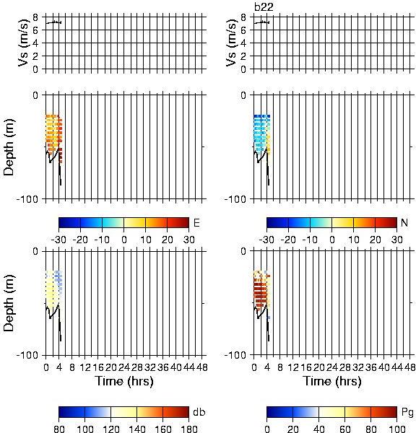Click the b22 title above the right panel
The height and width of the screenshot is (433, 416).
[x=264, y=7]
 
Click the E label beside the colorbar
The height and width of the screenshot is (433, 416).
[x=196, y=222]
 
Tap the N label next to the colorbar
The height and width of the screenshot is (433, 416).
[x=404, y=222]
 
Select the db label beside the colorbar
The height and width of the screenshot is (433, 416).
[x=199, y=412]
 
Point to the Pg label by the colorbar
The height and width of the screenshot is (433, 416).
[x=407, y=412]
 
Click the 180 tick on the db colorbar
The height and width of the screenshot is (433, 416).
[x=188, y=429]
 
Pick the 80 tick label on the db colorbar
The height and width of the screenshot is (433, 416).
[x=59, y=429]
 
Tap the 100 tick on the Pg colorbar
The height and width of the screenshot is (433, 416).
[x=396, y=429]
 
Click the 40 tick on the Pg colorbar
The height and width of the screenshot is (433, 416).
[x=318, y=429]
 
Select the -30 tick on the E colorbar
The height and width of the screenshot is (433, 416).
[x=58, y=240]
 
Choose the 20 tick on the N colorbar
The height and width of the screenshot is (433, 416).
[x=375, y=240]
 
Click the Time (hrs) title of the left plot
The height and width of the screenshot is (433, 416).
[x=124, y=381]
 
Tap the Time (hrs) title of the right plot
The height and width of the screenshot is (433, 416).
[x=332, y=381]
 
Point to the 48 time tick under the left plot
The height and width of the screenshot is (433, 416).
[x=202, y=367]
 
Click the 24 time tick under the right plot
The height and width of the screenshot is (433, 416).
[x=332, y=367]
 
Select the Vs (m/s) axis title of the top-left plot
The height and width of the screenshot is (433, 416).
[x=23, y=43]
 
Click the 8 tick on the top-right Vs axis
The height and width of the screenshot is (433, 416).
[x=243, y=17]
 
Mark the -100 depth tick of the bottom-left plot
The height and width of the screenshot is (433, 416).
[x=27, y=355]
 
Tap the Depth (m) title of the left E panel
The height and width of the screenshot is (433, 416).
[x=9, y=147]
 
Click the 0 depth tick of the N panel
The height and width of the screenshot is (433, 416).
[x=243, y=95]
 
